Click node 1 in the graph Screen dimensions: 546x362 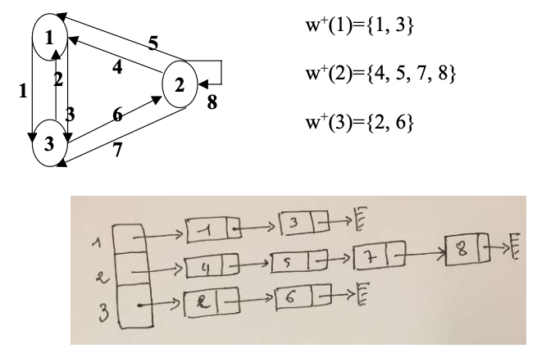point(50,37)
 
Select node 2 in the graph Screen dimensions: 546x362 point(180,84)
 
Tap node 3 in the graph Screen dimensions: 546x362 point(49,143)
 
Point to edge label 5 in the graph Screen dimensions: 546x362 point(152,43)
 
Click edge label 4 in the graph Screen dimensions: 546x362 point(117,67)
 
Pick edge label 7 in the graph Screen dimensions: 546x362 point(118,150)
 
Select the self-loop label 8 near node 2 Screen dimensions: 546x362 point(212,102)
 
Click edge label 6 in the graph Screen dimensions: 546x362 point(118,115)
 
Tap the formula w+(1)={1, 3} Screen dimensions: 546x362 point(360,25)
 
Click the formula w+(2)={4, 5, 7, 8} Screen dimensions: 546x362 point(380,74)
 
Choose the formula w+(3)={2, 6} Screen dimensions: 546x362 point(360,122)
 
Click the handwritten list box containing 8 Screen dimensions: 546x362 point(467,249)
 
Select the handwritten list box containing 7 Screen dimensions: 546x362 point(380,256)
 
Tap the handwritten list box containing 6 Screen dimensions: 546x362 point(303,296)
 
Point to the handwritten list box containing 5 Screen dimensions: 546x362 point(299,260)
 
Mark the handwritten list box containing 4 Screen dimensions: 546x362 point(212,266)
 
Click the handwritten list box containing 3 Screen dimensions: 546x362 point(304,223)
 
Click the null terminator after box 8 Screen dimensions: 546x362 point(516,247)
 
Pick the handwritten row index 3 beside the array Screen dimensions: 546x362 point(103,311)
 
